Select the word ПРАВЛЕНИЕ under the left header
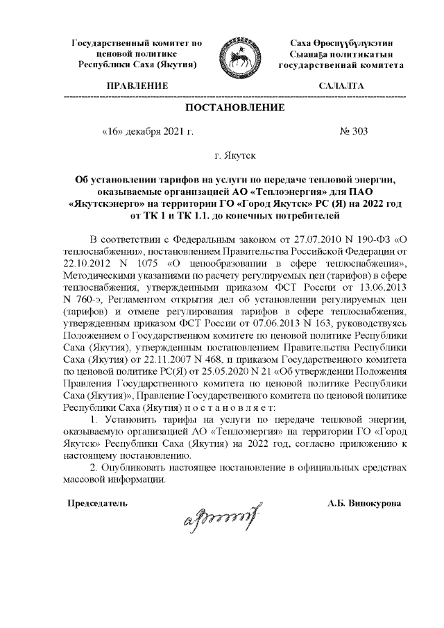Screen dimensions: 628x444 click(137, 85)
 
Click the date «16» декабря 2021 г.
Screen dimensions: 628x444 click(146, 130)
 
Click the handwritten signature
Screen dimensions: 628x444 click(221, 514)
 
